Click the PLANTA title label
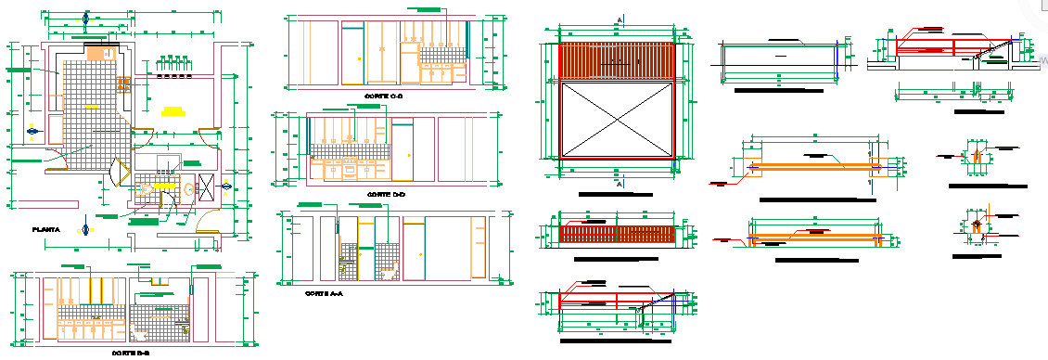[x=45, y=229]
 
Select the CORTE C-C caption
[x=383, y=96]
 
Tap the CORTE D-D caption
[x=386, y=194]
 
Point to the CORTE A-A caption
[x=324, y=293]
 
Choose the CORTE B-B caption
[x=131, y=354]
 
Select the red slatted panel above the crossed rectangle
[x=617, y=60]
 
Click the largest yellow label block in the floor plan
[x=173, y=110]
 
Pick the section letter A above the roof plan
[x=619, y=19]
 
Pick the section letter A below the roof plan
[x=619, y=185]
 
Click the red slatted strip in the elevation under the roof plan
[x=617, y=233]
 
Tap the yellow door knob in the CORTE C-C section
[x=360, y=58]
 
